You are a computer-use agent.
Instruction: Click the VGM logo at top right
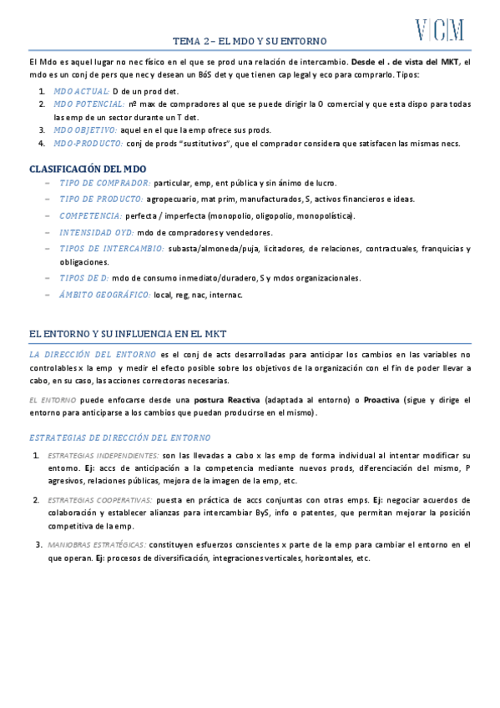[x=440, y=31]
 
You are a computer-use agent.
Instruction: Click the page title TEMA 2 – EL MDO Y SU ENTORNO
[x=250, y=41]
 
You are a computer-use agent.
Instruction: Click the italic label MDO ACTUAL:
[x=80, y=90]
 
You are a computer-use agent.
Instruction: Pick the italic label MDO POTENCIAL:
[x=88, y=104]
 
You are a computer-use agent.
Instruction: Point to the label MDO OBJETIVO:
[x=85, y=130]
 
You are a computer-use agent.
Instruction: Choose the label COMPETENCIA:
[x=90, y=215]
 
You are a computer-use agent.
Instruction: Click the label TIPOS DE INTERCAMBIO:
[x=112, y=248]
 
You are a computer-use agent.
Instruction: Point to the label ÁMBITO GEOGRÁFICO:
[x=105, y=295]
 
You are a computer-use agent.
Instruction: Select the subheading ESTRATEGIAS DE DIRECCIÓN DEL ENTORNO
[x=120, y=438]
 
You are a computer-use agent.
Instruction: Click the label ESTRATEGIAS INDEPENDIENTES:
[x=104, y=455]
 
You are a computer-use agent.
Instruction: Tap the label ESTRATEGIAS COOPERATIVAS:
[x=102, y=500]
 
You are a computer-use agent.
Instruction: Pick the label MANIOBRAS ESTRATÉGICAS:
[x=98, y=544]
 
